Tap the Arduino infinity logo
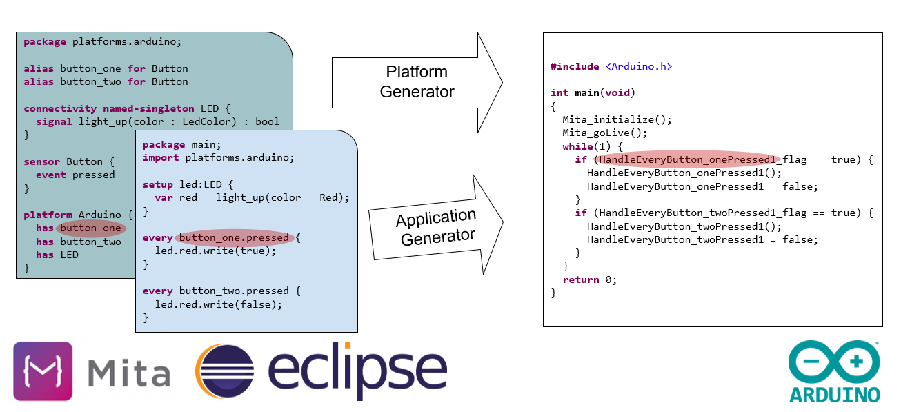pyautogui.click(x=835, y=362)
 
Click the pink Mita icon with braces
pyautogui.click(x=43, y=371)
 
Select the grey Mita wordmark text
pyautogui.click(x=129, y=373)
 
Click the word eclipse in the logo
pyautogui.click(x=357, y=370)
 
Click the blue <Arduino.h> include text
pyautogui.click(x=638, y=66)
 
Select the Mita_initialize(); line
pyautogui.click(x=616, y=119)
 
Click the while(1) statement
pyautogui.click(x=593, y=146)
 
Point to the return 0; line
pyautogui.click(x=589, y=279)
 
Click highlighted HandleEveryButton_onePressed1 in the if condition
pyautogui.click(x=687, y=159)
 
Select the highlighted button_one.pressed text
pyautogui.click(x=234, y=238)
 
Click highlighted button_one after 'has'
pyautogui.click(x=91, y=228)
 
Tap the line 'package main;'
pyautogui.click(x=181, y=145)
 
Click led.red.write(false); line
pyautogui.click(x=218, y=304)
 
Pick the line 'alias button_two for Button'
pyautogui.click(x=106, y=81)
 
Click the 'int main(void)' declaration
pyautogui.click(x=592, y=92)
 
